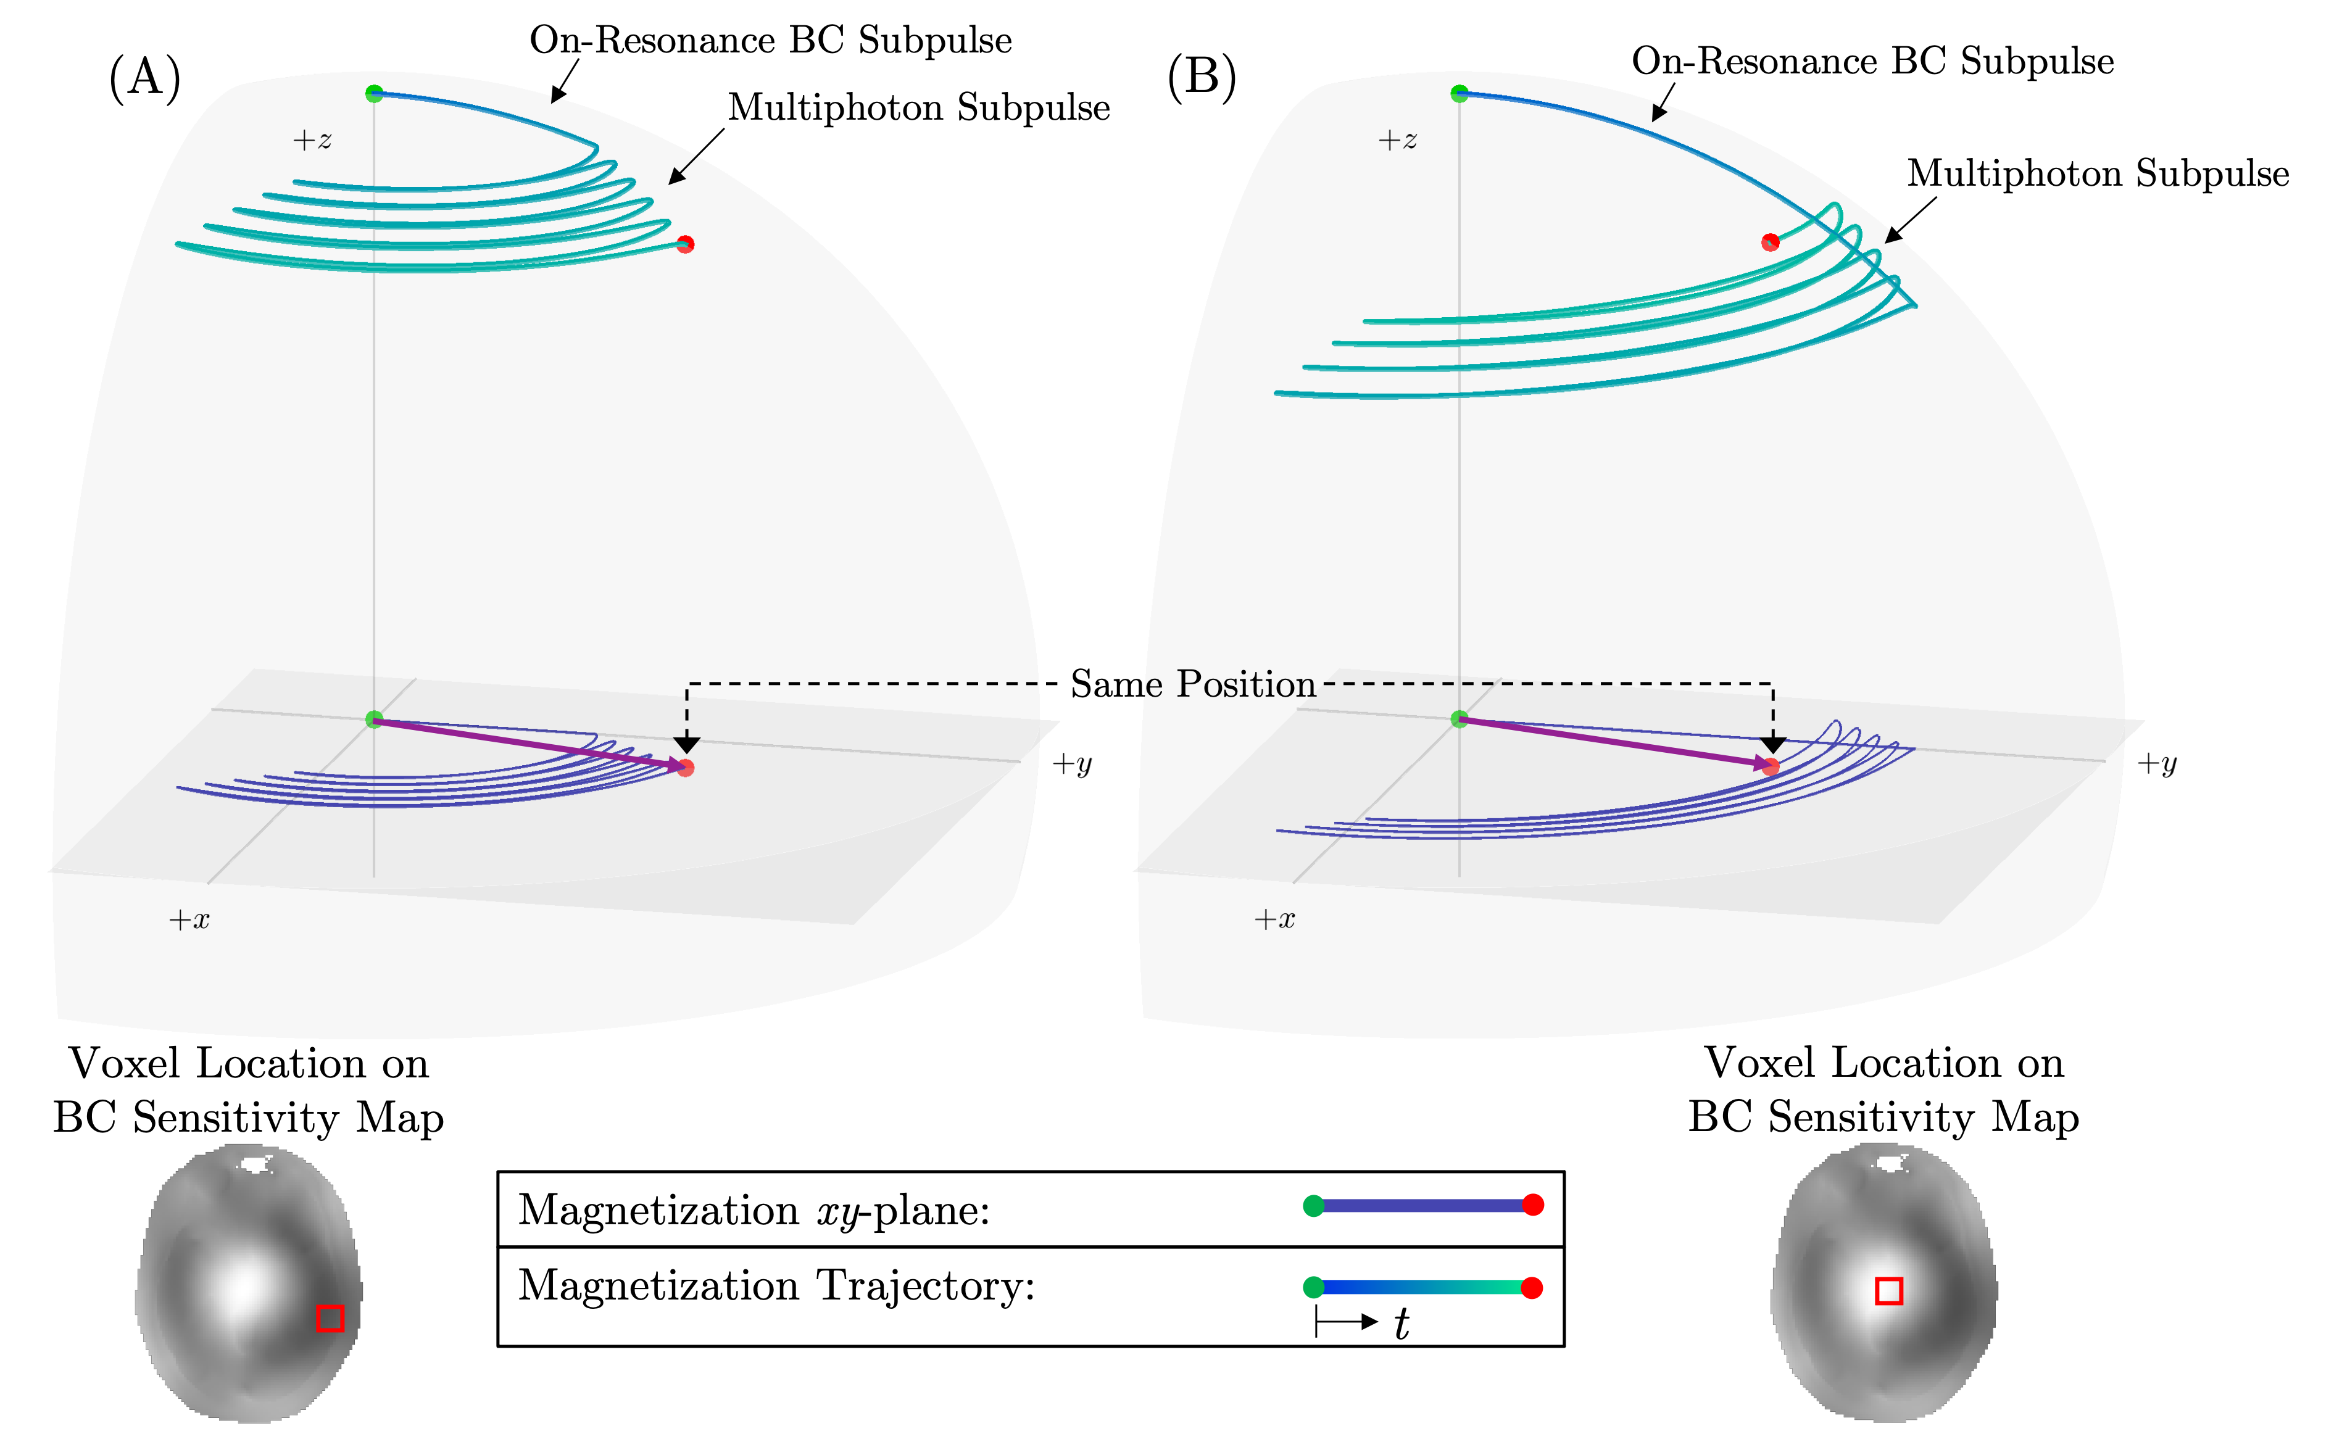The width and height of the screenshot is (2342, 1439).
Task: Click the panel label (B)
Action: (1202, 78)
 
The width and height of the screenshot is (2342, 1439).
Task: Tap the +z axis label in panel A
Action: (312, 141)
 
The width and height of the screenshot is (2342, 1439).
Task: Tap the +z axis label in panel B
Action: (1397, 141)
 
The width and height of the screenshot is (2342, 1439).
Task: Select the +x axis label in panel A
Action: (188, 919)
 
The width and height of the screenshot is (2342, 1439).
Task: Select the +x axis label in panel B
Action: (1274, 919)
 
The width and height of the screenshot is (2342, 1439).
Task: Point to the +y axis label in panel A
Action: (1071, 763)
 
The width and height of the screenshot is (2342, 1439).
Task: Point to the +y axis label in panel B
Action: (2156, 763)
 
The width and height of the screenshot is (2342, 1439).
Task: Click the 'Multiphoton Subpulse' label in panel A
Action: (918, 109)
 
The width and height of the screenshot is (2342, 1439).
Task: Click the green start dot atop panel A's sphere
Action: (374, 93)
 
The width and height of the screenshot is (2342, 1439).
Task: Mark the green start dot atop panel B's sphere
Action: (1459, 93)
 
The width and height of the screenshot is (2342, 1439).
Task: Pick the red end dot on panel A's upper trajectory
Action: (685, 244)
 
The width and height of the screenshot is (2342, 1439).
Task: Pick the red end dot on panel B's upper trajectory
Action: (1770, 242)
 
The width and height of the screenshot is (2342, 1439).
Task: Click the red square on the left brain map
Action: (330, 1318)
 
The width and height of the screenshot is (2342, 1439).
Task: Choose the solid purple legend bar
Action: (1422, 1206)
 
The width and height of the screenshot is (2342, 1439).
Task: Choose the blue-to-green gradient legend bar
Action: (1422, 1288)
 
